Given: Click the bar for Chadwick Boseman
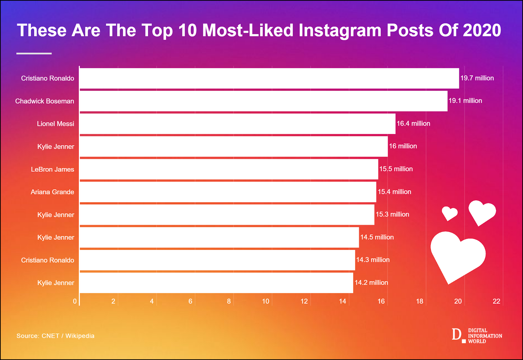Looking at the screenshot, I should point(263,101).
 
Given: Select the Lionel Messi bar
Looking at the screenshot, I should point(237,124).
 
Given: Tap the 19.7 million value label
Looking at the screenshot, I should point(477,78).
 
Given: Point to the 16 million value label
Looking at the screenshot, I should point(403,146).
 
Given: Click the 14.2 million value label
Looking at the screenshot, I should point(371,283).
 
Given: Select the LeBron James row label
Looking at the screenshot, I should point(52,169).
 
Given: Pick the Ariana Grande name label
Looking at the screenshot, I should point(52,192).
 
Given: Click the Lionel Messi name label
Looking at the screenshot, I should point(55,124).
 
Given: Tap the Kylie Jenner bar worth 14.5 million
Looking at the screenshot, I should point(219,237).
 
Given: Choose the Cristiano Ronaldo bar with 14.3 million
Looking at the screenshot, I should point(217,260).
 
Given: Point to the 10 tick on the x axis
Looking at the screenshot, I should point(265,301).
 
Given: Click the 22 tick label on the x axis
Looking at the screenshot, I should point(496,301).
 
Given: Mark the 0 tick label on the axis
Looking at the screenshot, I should point(75,301).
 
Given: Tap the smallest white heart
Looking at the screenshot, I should point(449,213).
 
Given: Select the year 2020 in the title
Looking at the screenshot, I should point(482,30).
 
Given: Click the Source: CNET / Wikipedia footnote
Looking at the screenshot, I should point(55,336).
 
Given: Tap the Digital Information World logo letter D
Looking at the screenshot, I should point(456,334).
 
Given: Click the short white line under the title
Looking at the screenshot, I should point(34,53).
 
